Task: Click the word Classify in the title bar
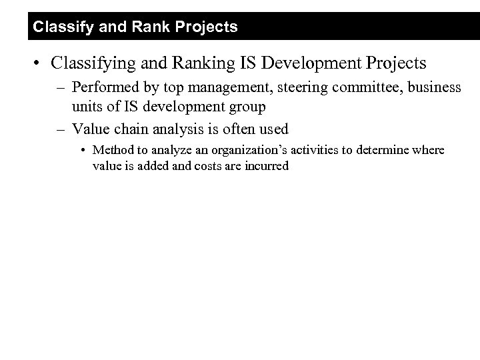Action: tap(55, 27)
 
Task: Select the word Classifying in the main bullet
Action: tap(89, 63)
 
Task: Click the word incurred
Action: tap(266, 166)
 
